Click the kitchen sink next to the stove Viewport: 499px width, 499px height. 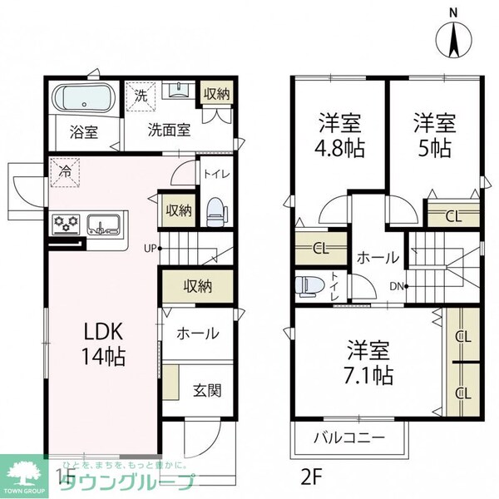pyautogui.click(x=104, y=223)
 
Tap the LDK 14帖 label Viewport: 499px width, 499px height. pyautogui.click(x=103, y=345)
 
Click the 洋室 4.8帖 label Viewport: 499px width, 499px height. pyautogui.click(x=339, y=136)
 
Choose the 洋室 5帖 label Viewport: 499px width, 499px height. pyautogui.click(x=435, y=136)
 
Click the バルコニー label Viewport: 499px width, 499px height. pyautogui.click(x=349, y=437)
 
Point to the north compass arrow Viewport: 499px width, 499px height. pyautogui.click(x=453, y=37)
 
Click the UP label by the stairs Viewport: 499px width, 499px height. pyautogui.click(x=149, y=247)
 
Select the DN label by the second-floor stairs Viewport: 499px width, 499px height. pyautogui.click(x=398, y=287)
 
